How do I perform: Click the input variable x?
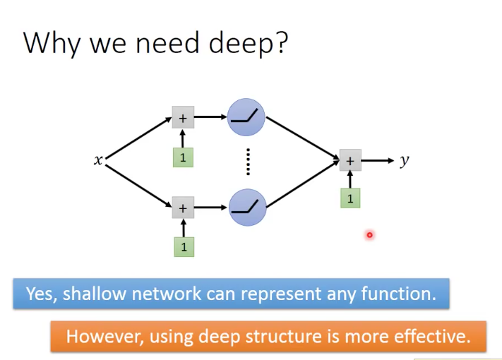pyautogui.click(x=98, y=161)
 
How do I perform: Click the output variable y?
pyautogui.click(x=405, y=160)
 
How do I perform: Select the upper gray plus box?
pyautogui.click(x=183, y=118)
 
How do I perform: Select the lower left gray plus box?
pyautogui.click(x=183, y=208)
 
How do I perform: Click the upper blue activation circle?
pyautogui.click(x=246, y=118)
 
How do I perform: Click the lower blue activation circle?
pyautogui.click(x=246, y=208)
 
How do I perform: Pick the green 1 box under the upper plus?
pyautogui.click(x=183, y=157)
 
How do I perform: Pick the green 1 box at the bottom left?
pyautogui.click(x=183, y=247)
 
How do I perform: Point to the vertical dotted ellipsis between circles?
pyautogui.click(x=248, y=162)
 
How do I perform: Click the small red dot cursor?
pyautogui.click(x=369, y=235)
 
